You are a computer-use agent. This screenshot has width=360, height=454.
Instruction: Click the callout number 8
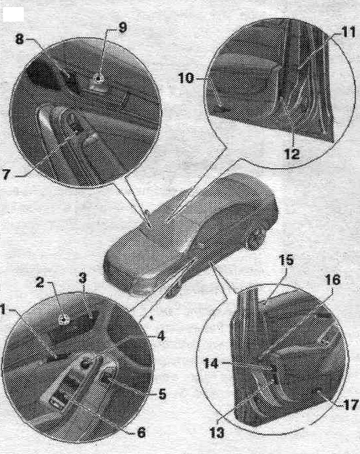coord(19,39)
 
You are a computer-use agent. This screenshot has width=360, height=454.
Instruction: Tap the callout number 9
coord(122,28)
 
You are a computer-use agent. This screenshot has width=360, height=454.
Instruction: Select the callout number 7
coord(6,174)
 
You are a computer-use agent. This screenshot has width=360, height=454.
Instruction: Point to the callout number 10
coord(186,78)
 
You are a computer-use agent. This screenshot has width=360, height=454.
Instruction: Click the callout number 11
coord(347,32)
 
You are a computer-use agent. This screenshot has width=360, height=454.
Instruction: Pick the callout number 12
coord(291,154)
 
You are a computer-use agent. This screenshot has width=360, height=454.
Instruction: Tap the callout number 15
coord(286,260)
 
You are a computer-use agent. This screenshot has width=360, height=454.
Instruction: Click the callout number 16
coord(333,280)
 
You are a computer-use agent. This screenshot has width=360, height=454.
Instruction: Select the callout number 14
coord(210,364)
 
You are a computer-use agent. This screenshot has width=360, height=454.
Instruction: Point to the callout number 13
coord(217,433)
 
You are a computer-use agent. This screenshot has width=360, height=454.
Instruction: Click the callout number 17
coord(350,405)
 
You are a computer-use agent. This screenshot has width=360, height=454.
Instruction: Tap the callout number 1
coord(3,310)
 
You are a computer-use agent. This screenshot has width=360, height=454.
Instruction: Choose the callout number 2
coord(39,283)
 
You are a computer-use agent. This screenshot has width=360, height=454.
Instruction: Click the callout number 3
coord(82,278)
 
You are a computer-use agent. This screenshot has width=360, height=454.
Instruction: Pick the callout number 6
coord(141,433)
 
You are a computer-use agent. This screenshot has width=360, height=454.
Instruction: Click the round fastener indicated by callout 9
coord(99,78)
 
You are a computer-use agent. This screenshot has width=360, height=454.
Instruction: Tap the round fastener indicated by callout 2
coord(62,319)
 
